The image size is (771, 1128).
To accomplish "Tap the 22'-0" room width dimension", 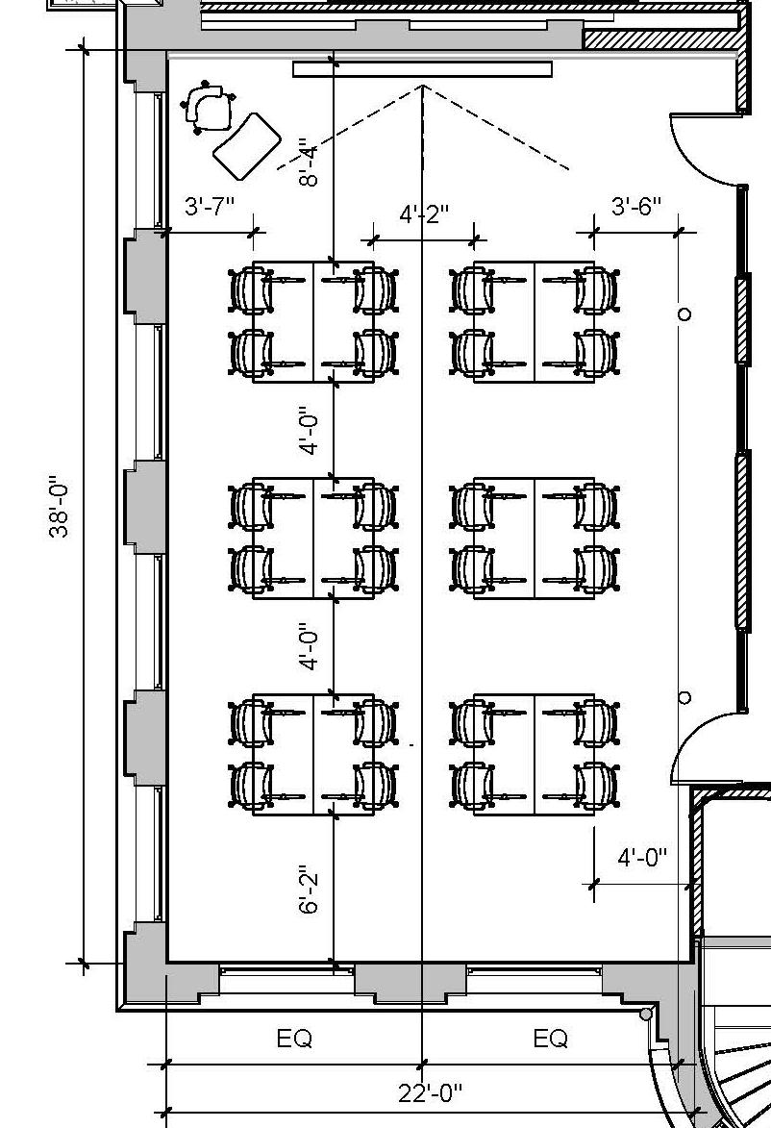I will click(430, 1093).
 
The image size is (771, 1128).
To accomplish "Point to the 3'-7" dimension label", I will click(209, 207).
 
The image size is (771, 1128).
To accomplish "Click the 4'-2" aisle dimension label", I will click(424, 213).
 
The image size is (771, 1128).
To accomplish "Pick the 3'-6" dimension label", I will click(635, 207).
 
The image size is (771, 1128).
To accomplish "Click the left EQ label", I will click(294, 1040).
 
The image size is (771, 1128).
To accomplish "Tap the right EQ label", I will click(550, 1040).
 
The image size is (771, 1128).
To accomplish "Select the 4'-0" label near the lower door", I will click(641, 858).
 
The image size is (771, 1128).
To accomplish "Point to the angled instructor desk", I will click(246, 145).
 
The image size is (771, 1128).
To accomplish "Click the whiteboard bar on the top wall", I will click(422, 69).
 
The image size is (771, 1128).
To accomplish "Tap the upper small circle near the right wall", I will click(684, 314).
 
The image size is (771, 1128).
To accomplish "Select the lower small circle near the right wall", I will click(684, 697).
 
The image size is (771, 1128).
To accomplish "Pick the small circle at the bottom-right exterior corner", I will click(646, 1014).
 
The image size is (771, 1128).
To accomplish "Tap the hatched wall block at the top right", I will click(663, 39).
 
